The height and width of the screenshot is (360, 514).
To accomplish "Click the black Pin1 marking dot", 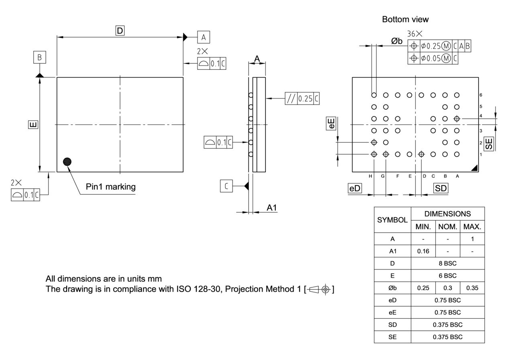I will (67, 161).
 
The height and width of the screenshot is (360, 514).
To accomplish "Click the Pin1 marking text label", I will (110, 187).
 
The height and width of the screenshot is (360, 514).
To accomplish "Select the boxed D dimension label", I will (120, 31).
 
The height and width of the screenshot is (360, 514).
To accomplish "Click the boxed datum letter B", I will (39, 57).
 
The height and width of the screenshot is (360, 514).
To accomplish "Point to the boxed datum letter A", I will (204, 37).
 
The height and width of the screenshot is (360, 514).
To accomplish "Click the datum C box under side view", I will (226, 186).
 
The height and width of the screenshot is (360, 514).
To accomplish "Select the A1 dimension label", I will (272, 207).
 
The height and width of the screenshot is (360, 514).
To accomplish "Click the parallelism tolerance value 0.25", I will (305, 98).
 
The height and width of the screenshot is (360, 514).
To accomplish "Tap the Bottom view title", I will (405, 19).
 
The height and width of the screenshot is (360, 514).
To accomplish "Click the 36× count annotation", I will (415, 34).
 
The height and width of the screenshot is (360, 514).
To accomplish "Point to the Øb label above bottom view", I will (397, 41).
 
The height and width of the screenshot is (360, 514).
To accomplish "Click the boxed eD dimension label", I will (355, 189).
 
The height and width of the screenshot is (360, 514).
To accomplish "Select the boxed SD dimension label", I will (441, 189).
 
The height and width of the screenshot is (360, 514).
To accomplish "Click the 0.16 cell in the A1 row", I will (423, 251).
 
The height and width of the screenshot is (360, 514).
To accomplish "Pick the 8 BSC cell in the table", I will (447, 264).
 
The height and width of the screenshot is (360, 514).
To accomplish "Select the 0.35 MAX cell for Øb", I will (472, 288).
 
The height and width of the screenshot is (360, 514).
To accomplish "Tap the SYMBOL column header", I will (392, 220).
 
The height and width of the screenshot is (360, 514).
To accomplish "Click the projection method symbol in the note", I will (320, 289).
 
